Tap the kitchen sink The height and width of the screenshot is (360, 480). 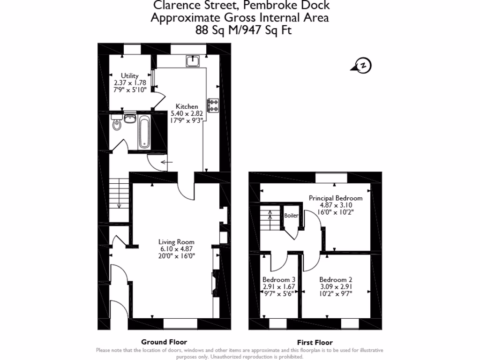point(193,60)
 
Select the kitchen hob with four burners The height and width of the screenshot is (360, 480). point(214,105)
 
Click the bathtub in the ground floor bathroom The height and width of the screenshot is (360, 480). point(144,132)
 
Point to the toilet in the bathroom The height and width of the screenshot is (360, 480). point(117,125)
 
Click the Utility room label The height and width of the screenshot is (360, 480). point(129,76)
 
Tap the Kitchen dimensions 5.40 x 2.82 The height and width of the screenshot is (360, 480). point(187,113)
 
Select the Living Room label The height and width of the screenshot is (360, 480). point(176,242)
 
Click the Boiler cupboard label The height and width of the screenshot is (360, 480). point(291,216)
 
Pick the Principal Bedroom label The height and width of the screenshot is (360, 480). point(335,198)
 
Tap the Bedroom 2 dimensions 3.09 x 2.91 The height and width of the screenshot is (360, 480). point(336,287)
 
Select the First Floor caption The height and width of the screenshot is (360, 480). point(315,342)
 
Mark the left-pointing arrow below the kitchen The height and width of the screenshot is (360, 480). point(166,162)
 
